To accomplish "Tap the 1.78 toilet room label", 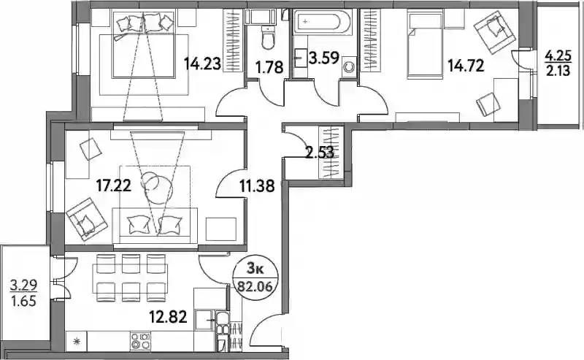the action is point(269,67).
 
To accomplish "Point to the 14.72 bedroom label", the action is point(466,66).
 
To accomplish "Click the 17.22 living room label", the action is point(114,185).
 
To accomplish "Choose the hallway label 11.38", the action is point(257,185).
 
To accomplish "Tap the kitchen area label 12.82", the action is point(168,317).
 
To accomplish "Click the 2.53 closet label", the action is point(320,153).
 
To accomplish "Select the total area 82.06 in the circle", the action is point(255,287).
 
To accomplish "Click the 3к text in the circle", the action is point(255,269).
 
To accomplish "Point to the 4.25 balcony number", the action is point(558,58).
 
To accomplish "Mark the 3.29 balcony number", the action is point(23,286).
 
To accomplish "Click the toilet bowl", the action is point(267,38).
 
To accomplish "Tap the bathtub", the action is point(322,23).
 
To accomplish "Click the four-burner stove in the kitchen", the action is point(141,341).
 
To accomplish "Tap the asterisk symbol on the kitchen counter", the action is point(77,341).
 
